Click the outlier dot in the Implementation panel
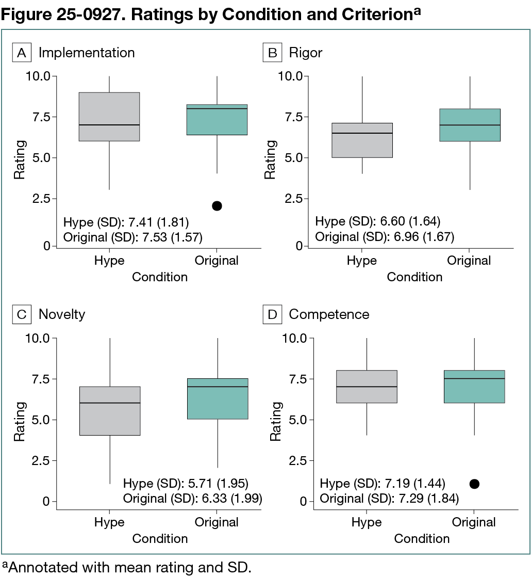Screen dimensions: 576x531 click(x=217, y=206)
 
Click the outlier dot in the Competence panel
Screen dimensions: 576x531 click(x=474, y=484)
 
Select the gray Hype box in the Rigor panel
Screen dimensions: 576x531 click(x=362, y=140)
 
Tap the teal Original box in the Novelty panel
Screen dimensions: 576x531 click(x=217, y=399)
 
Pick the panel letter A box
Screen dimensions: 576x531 click(x=22, y=53)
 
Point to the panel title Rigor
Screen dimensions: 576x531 click(x=306, y=53)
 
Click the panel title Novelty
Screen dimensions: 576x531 click(x=62, y=314)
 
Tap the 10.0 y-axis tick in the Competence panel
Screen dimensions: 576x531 click(x=292, y=338)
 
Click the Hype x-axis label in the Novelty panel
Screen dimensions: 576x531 click(x=109, y=522)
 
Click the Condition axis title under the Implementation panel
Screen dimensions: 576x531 click(x=160, y=277)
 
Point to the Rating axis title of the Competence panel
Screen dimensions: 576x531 click(x=276, y=421)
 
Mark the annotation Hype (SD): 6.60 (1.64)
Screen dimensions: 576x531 click(x=378, y=222)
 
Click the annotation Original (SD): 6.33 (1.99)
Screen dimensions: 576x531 click(x=193, y=499)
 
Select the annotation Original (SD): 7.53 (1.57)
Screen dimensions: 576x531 click(x=132, y=237)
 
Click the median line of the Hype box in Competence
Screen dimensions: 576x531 click(x=367, y=387)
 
